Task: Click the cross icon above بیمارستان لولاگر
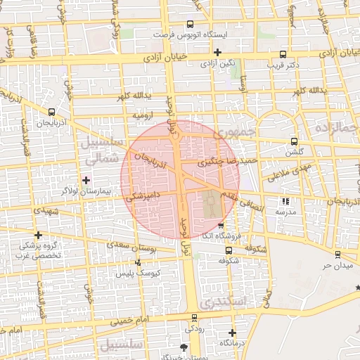click(86, 181)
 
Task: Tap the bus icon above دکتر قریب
click(283, 54)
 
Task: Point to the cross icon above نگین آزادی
click(217, 52)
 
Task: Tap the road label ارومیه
click(143, 114)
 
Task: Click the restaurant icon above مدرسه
click(285, 201)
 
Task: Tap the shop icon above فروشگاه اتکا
click(221, 226)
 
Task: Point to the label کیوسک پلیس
click(138, 272)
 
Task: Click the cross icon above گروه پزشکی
click(38, 235)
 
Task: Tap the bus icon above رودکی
click(193, 318)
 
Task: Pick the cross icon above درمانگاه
click(232, 332)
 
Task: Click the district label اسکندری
click(221, 302)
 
